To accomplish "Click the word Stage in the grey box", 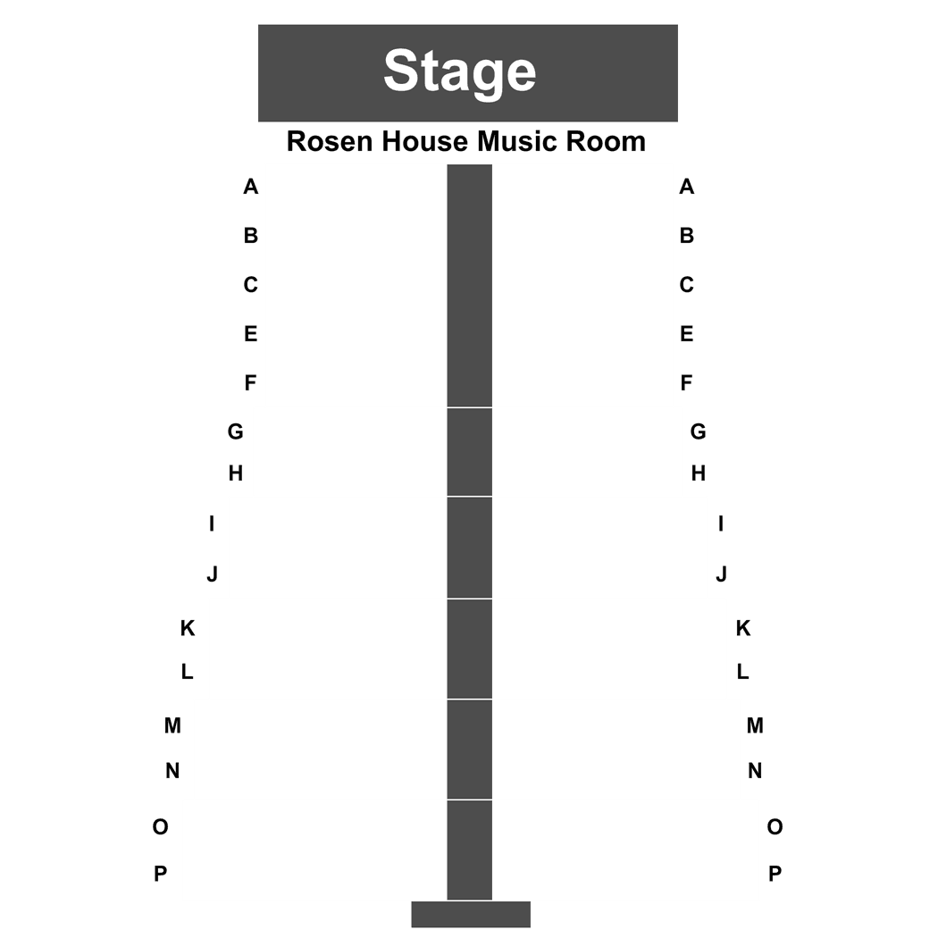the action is [x=459, y=71].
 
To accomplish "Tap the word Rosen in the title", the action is [x=331, y=142].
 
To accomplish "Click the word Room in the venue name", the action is [x=606, y=142].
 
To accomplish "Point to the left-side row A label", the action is [x=251, y=187].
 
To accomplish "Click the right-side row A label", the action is [x=687, y=187].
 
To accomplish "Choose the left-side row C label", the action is [x=251, y=285].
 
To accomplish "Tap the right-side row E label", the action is [x=687, y=334].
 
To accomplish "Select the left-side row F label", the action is [x=251, y=383].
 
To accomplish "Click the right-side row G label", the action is [x=698, y=431].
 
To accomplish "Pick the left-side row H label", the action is [x=236, y=473].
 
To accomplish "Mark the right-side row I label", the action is [x=721, y=524].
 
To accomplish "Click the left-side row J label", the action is [x=213, y=574].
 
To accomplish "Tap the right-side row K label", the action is [x=743, y=628].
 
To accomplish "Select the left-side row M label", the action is [x=173, y=725].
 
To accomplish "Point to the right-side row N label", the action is [x=755, y=771].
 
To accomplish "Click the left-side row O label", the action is [x=160, y=827].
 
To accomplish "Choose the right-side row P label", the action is [x=775, y=874].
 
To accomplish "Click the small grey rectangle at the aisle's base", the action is [x=471, y=914].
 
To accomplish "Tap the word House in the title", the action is [x=425, y=142].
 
